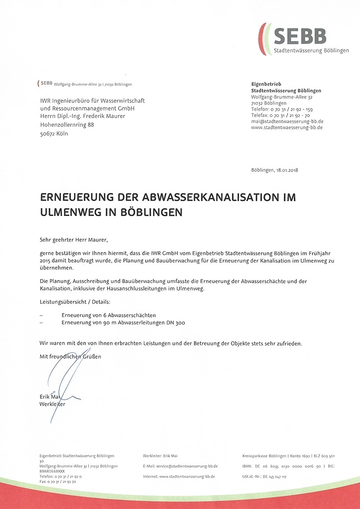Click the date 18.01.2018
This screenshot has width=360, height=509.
pyautogui.click(x=288, y=170)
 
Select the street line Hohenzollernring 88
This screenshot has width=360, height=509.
pyautogui.click(x=66, y=125)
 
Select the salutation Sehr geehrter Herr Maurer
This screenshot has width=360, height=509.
pyautogui.click(x=73, y=239)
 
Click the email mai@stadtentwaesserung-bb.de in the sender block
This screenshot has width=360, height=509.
pyautogui.click(x=287, y=121)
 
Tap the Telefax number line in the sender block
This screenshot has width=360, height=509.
pyautogui.click(x=281, y=115)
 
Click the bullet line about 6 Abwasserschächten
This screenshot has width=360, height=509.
pyautogui.click(x=109, y=315)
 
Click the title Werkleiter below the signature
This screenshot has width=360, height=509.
pyautogui.click(x=52, y=404)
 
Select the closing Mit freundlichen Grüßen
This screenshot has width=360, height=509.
pyautogui.click(x=70, y=356)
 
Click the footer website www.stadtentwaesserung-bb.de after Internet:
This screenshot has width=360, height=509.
pyautogui.click(x=188, y=477)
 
